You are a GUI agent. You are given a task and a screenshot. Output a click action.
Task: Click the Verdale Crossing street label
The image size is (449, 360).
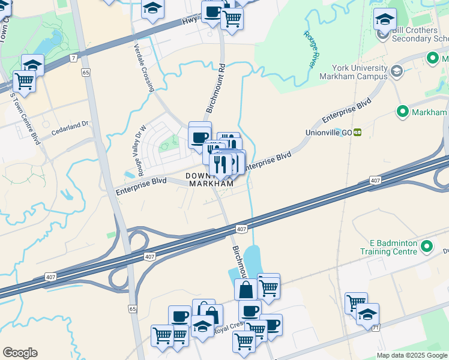tap(144, 67)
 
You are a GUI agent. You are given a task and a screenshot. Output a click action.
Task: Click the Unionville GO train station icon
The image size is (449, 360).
tap(357, 132)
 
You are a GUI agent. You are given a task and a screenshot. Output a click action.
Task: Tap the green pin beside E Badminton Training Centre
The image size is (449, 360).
tap(427, 247)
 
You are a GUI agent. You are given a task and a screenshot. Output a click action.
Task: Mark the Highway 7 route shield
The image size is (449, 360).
tap(73, 58)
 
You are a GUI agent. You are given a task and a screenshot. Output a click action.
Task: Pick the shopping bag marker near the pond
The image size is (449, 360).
tap(246, 290)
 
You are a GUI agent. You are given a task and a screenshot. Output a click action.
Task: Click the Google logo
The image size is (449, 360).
tap(20, 353)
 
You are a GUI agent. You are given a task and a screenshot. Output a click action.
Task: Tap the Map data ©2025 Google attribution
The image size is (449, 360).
tap(412, 355)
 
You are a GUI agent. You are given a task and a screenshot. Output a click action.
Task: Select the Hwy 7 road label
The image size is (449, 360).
tap(192, 23)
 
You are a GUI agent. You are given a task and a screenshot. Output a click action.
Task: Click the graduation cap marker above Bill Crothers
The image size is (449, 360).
tap(384, 20)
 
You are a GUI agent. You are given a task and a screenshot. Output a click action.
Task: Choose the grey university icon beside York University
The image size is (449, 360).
tap(396, 72)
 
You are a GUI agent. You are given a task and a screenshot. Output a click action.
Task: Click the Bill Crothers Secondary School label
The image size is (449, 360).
tap(420, 34)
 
